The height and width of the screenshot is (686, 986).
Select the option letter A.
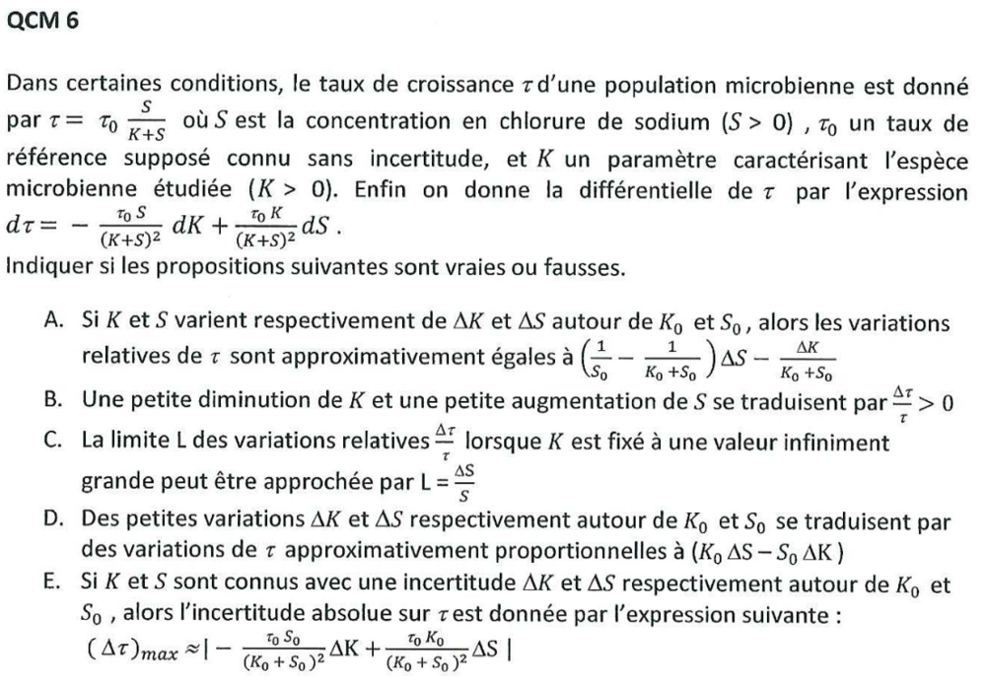56,324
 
